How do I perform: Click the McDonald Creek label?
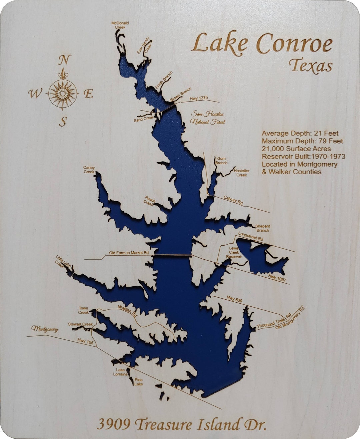[120, 25]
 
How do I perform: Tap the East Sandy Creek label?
[144, 46]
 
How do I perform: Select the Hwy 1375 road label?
[199, 98]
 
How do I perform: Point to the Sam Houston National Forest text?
[207, 118]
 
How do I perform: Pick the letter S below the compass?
[63, 122]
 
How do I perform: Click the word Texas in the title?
[310, 66]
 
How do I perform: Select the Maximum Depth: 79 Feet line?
[302, 141]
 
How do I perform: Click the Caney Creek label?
[89, 170]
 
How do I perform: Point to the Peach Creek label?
[149, 201]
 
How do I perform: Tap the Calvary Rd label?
[233, 200]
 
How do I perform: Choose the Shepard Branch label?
[263, 228]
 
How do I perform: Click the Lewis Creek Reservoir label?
[234, 252]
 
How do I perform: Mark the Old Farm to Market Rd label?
[129, 253]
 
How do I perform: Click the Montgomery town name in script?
[45, 329]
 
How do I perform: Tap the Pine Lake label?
[138, 382]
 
